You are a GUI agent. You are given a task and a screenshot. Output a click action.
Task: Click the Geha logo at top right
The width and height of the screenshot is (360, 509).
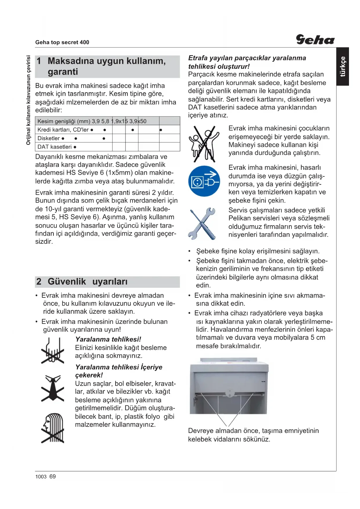click(x=315, y=39)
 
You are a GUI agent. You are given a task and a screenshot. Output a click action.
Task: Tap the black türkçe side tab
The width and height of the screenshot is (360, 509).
click(x=343, y=66)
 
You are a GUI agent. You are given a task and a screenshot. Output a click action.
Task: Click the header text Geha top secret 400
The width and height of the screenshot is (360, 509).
click(x=62, y=42)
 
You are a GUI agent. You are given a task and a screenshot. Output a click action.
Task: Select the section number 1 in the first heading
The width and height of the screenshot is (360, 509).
click(x=39, y=61)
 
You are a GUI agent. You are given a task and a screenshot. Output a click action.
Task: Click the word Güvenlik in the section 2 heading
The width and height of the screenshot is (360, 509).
click(x=67, y=281)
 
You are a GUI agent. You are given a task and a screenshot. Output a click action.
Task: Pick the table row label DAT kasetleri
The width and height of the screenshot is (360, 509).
click(x=55, y=147)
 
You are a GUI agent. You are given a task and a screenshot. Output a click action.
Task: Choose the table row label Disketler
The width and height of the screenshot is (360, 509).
click(x=48, y=138)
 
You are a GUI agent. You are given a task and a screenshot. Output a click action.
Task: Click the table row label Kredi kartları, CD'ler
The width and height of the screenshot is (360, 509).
click(x=63, y=130)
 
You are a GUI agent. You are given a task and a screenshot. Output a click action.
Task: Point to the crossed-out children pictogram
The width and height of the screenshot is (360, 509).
click(x=204, y=144)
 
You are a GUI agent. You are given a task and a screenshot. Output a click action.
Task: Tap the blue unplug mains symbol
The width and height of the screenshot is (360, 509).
click(x=204, y=181)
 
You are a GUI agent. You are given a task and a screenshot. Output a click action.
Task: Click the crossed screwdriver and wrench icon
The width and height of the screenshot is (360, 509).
click(x=202, y=223)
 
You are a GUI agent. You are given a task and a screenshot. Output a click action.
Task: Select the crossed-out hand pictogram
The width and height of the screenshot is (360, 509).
click(x=53, y=350)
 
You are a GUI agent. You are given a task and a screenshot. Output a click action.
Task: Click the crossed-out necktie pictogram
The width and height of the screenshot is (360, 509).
click(x=53, y=388)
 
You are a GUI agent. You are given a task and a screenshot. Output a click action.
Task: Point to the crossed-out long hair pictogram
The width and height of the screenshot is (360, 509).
click(x=53, y=428)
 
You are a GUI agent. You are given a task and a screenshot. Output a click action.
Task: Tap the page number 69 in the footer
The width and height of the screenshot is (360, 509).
click(x=53, y=476)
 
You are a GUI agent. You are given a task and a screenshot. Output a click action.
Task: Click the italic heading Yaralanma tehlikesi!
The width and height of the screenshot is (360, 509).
click(x=108, y=339)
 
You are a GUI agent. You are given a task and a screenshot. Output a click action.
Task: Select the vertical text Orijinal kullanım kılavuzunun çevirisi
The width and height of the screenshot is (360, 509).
click(x=28, y=100)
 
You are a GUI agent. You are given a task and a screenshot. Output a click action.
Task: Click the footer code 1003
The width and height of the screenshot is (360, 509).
click(x=41, y=477)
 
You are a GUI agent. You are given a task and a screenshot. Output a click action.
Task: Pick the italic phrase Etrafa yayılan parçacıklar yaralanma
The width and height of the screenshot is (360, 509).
click(x=247, y=58)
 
